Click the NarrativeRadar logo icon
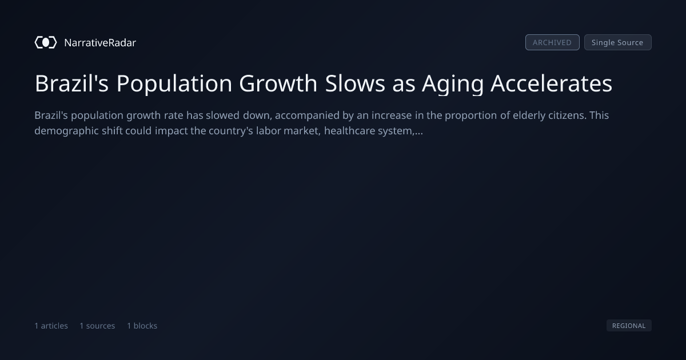(x=46, y=42)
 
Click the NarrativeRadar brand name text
(x=100, y=43)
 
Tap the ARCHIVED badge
(x=552, y=42)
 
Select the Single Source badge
(x=618, y=42)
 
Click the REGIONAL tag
(x=629, y=325)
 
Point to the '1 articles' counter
(x=51, y=326)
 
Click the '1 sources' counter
(x=97, y=326)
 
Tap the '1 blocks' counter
(x=142, y=326)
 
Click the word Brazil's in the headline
(x=71, y=83)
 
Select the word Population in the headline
(x=174, y=84)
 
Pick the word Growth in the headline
(x=278, y=83)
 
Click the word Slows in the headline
(x=355, y=83)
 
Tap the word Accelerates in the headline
(x=552, y=83)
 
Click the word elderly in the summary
(x=529, y=115)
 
